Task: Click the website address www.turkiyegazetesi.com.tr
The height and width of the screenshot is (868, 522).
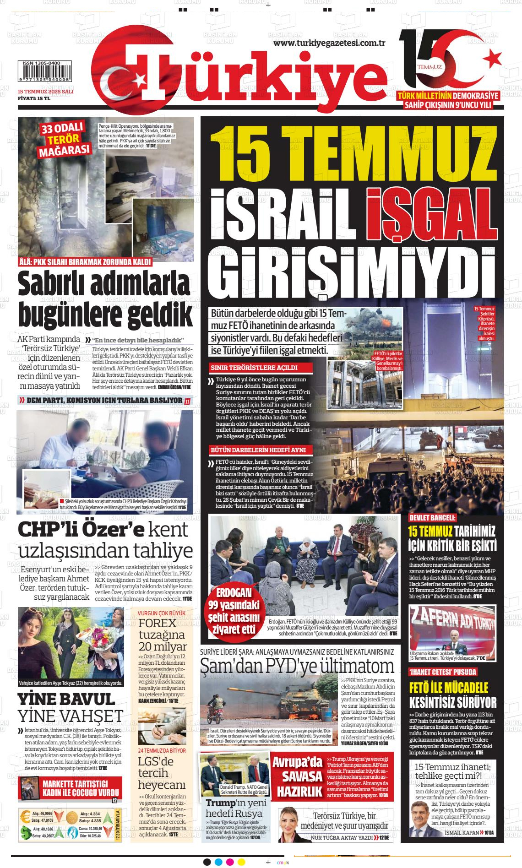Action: click(x=329, y=43)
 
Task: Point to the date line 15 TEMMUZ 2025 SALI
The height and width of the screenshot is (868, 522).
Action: click(x=45, y=92)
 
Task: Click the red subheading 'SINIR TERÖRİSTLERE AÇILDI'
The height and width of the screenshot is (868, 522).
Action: click(x=254, y=367)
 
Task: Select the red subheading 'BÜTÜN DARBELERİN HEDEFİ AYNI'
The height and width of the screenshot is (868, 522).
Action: click(x=258, y=450)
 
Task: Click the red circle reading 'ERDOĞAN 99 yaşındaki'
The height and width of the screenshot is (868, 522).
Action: click(x=234, y=611)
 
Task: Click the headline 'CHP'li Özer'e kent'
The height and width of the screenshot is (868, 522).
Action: click(x=103, y=529)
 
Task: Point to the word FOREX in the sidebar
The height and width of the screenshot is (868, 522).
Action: click(x=158, y=623)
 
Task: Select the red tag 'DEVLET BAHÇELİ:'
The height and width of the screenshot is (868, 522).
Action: click(x=432, y=518)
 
